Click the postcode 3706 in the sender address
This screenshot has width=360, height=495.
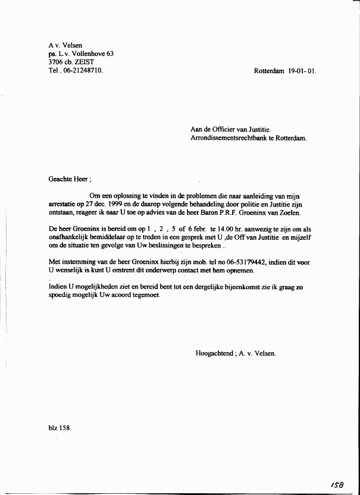57,62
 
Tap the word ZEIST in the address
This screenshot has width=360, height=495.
84,62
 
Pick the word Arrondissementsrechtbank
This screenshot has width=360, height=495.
230,138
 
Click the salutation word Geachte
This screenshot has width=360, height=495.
60,178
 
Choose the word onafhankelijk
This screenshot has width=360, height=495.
69,237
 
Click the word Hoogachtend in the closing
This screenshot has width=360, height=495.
214,353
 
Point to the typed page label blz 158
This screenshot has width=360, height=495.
59,427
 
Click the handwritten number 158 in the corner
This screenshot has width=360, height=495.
337,485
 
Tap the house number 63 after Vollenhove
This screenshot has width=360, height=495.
110,54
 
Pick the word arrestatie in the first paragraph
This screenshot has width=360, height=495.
62,203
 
